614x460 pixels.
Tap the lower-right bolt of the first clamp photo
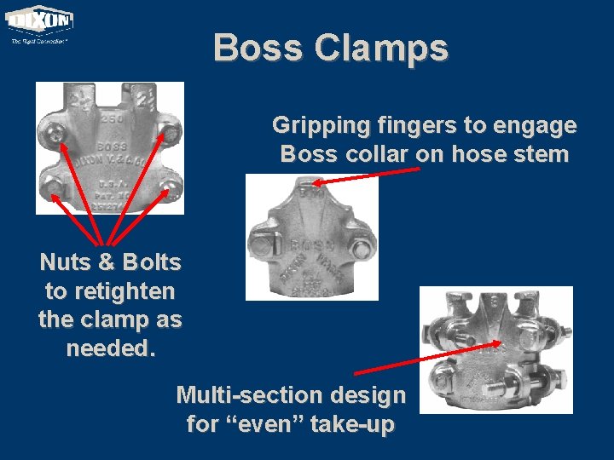point(170,187)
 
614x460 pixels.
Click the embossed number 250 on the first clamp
point(110,119)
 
